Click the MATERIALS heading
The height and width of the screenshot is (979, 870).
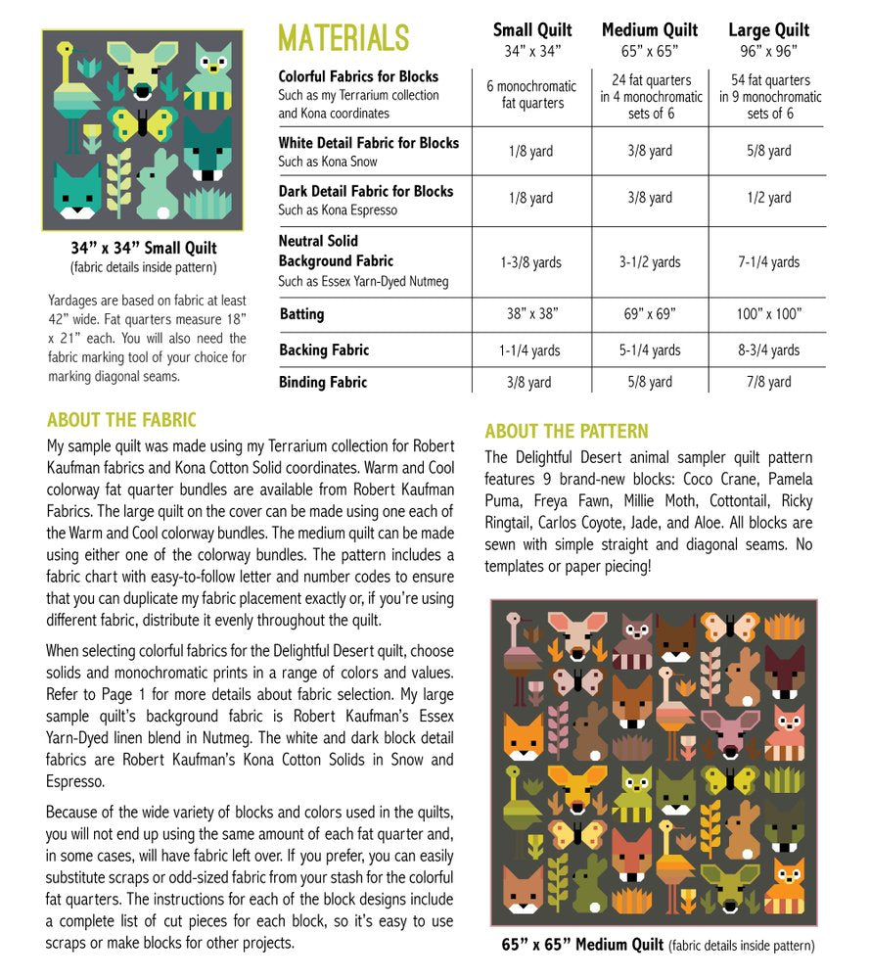(x=343, y=38)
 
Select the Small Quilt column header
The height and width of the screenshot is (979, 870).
(x=531, y=30)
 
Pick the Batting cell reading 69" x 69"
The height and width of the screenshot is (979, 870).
(x=650, y=314)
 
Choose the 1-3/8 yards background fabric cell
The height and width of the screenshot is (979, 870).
(x=531, y=262)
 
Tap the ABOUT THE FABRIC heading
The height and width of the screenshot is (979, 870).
(x=121, y=421)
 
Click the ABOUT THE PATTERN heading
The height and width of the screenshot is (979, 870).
(x=566, y=432)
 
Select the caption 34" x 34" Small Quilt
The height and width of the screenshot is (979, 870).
(x=143, y=248)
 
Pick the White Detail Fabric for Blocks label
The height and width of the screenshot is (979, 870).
(x=368, y=143)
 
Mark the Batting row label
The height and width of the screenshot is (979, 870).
(x=301, y=314)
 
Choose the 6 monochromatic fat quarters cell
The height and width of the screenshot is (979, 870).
(x=531, y=94)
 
